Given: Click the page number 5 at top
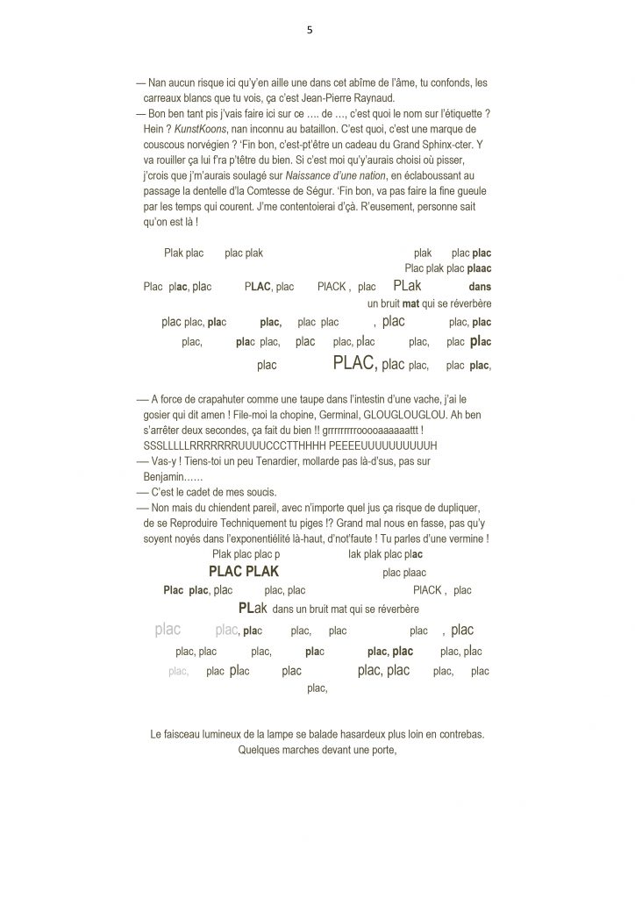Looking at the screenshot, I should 310,29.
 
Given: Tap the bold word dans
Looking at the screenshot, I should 480,287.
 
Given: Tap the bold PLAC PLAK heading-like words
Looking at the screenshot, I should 245,572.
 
